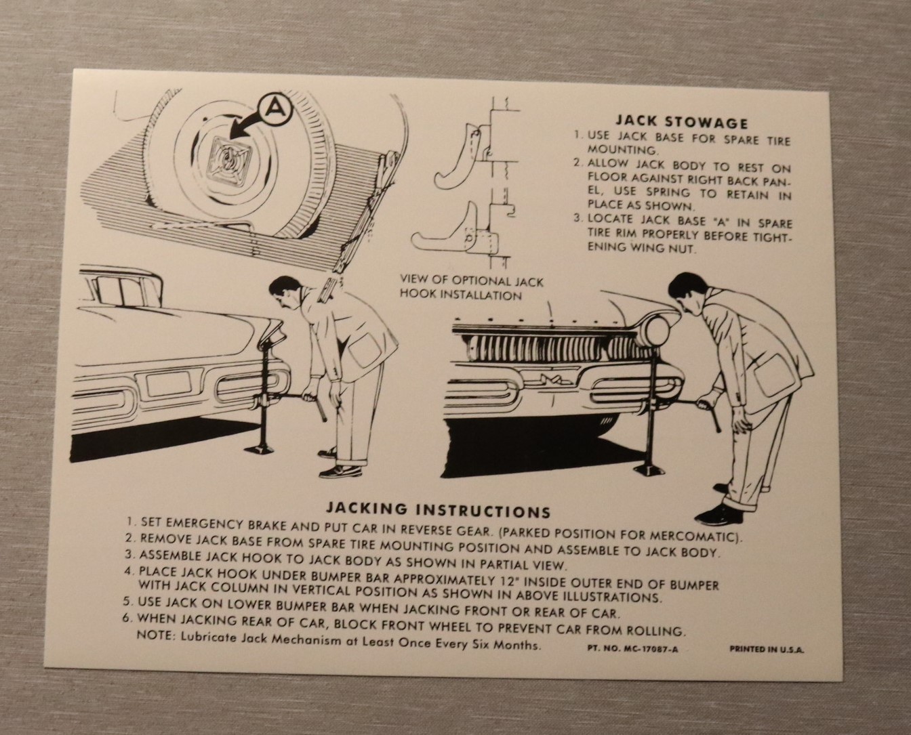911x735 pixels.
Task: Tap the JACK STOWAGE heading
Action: click(x=682, y=123)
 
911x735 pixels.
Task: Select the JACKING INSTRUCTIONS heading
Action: click(x=438, y=510)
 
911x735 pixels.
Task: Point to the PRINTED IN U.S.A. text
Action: click(x=767, y=650)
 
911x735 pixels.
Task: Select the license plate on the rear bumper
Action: click(x=167, y=384)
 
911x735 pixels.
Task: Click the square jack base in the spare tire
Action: click(x=231, y=159)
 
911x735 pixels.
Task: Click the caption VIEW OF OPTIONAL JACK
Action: click(x=472, y=281)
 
